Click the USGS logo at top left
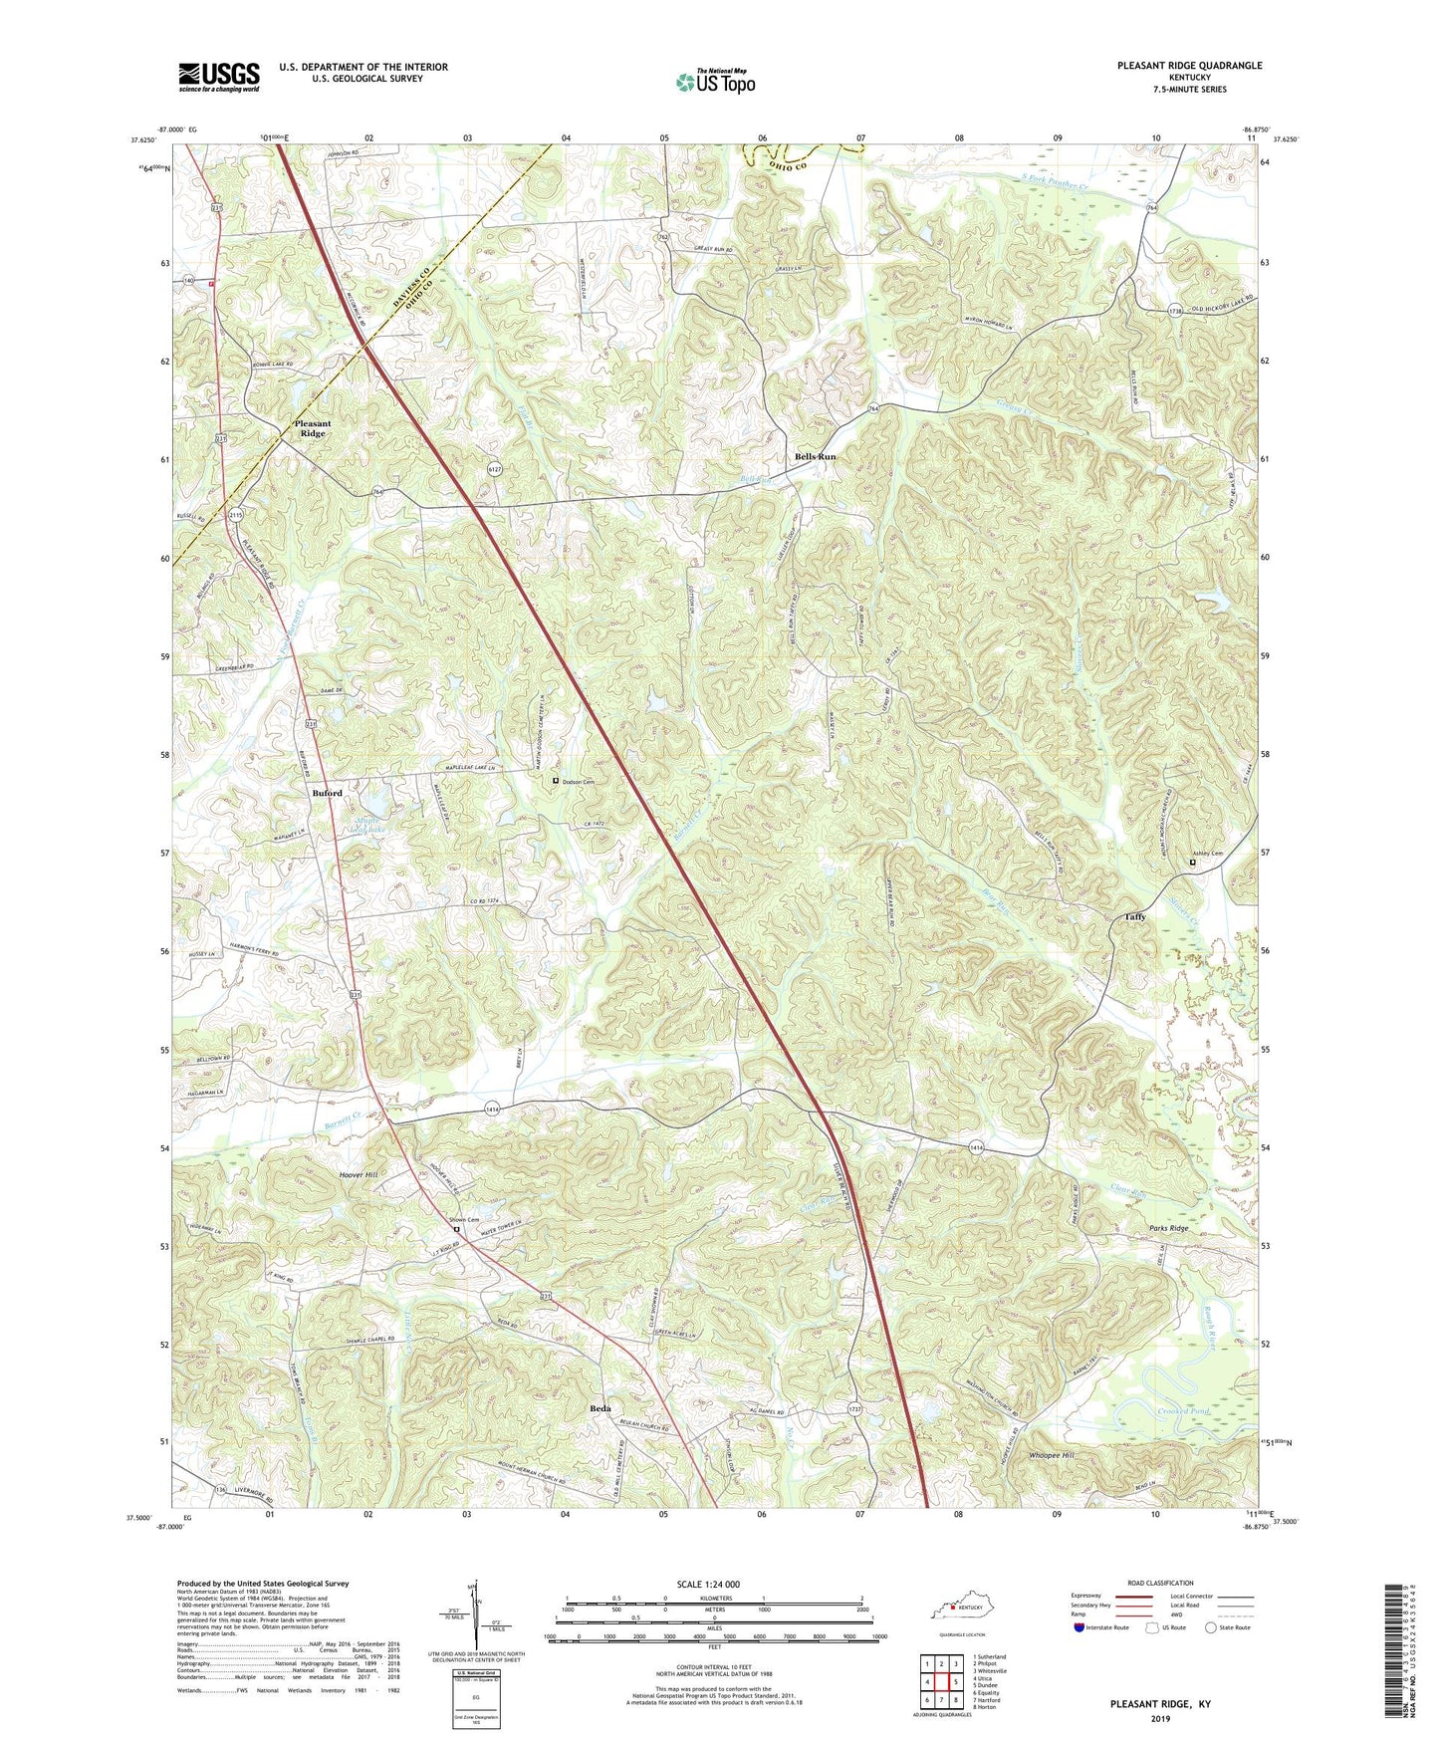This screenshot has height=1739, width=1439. (x=219, y=77)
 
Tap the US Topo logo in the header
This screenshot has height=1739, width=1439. (x=715, y=82)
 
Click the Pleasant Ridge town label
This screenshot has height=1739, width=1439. (x=313, y=428)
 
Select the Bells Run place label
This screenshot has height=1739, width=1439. (x=815, y=456)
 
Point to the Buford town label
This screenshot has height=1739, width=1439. (x=327, y=793)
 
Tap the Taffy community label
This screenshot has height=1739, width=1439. (x=1135, y=916)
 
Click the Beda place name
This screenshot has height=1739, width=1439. (x=600, y=1408)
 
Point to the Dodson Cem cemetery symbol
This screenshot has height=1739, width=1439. (x=556, y=782)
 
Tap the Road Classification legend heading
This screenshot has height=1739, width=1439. (x=1160, y=1583)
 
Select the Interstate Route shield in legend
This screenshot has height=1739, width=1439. (x=1079, y=1627)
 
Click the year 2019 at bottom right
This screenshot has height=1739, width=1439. (x=1160, y=1718)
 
